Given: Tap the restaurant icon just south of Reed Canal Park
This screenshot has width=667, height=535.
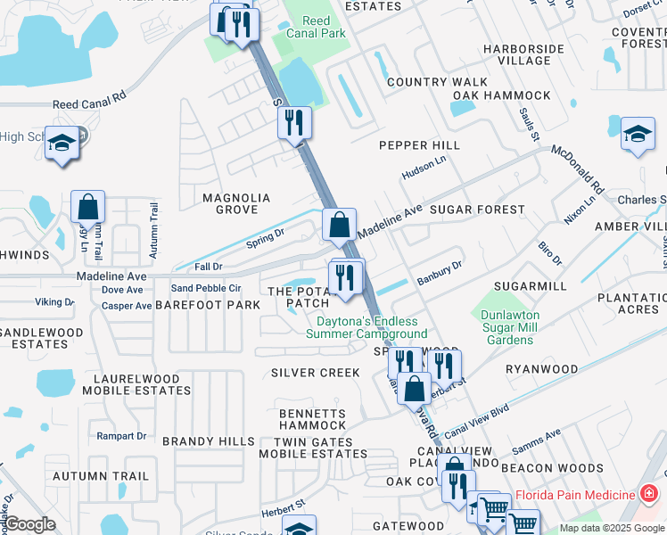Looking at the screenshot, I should click(x=294, y=122).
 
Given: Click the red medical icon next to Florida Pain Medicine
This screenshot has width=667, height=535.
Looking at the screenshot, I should click(x=648, y=494).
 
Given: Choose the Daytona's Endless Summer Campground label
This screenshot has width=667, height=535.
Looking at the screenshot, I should click(x=366, y=327).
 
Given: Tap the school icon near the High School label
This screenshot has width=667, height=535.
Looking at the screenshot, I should click(x=62, y=144).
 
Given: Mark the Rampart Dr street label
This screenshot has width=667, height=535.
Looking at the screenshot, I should click(x=120, y=436).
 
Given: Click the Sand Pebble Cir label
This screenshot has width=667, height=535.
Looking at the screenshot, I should click(x=206, y=288).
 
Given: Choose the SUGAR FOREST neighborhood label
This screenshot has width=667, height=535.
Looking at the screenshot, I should click(x=477, y=210).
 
